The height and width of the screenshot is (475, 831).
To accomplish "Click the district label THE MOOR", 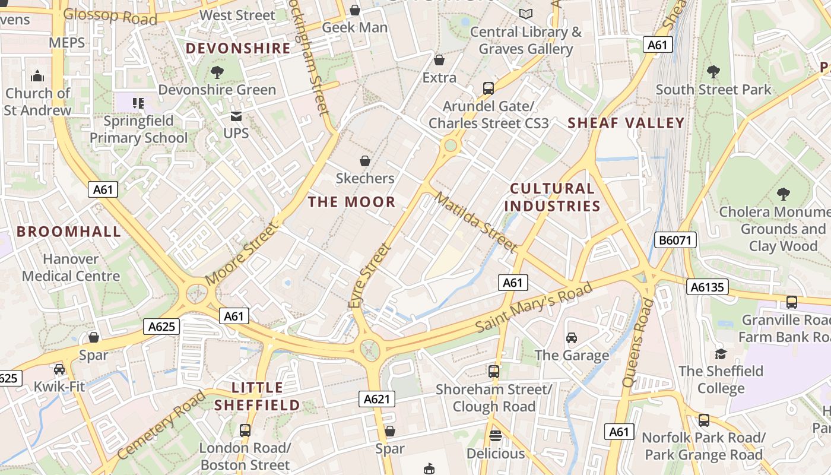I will [x=351, y=202].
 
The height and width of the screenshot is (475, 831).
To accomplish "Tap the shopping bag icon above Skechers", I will [x=365, y=161].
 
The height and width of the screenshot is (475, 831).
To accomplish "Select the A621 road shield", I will [x=377, y=399].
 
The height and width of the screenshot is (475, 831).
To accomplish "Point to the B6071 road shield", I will [x=675, y=240].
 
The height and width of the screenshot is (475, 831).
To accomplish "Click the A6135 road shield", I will [x=707, y=287].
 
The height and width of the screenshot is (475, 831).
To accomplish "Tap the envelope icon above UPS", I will [x=236, y=116].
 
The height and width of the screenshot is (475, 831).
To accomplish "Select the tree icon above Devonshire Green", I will [x=217, y=72].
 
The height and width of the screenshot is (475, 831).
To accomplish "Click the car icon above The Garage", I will [x=572, y=338].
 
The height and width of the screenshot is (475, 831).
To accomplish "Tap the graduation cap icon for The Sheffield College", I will [x=721, y=354].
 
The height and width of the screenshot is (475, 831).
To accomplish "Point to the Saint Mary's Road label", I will [x=534, y=308].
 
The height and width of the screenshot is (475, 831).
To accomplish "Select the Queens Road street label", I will [x=638, y=343].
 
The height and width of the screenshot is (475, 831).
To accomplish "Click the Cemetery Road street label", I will [x=161, y=425].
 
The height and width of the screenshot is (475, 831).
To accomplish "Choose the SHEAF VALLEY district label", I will [x=626, y=123].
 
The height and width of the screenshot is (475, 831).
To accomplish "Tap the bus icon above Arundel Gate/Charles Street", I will [x=489, y=88].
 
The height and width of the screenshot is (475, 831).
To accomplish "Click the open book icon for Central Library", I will [x=525, y=13].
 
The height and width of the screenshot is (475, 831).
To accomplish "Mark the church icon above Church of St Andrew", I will [x=37, y=75].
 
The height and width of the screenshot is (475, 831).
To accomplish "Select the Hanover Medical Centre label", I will [x=71, y=268].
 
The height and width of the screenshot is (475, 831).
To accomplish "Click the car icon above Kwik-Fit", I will [x=59, y=369].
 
